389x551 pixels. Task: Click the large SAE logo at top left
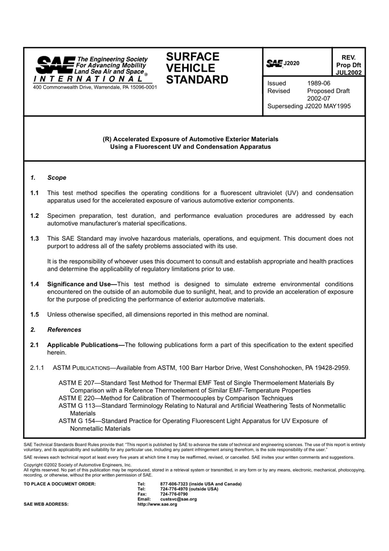(x=55, y=65)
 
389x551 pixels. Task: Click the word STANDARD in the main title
(x=197, y=80)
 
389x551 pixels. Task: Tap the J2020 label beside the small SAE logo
(x=292, y=63)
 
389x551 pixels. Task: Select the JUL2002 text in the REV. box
(x=348, y=72)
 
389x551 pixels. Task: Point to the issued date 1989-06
(x=319, y=83)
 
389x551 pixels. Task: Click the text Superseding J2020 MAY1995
(x=309, y=106)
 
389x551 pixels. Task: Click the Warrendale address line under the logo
(x=95, y=87)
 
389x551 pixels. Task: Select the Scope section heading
(x=57, y=178)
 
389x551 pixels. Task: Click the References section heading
(x=64, y=330)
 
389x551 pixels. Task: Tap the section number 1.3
(x=34, y=239)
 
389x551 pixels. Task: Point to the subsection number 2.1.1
(x=37, y=368)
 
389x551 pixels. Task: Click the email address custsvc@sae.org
(x=178, y=499)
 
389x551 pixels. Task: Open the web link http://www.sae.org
(x=157, y=504)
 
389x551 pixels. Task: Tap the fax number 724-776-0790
(x=174, y=494)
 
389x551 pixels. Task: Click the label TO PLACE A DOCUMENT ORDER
(x=60, y=484)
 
